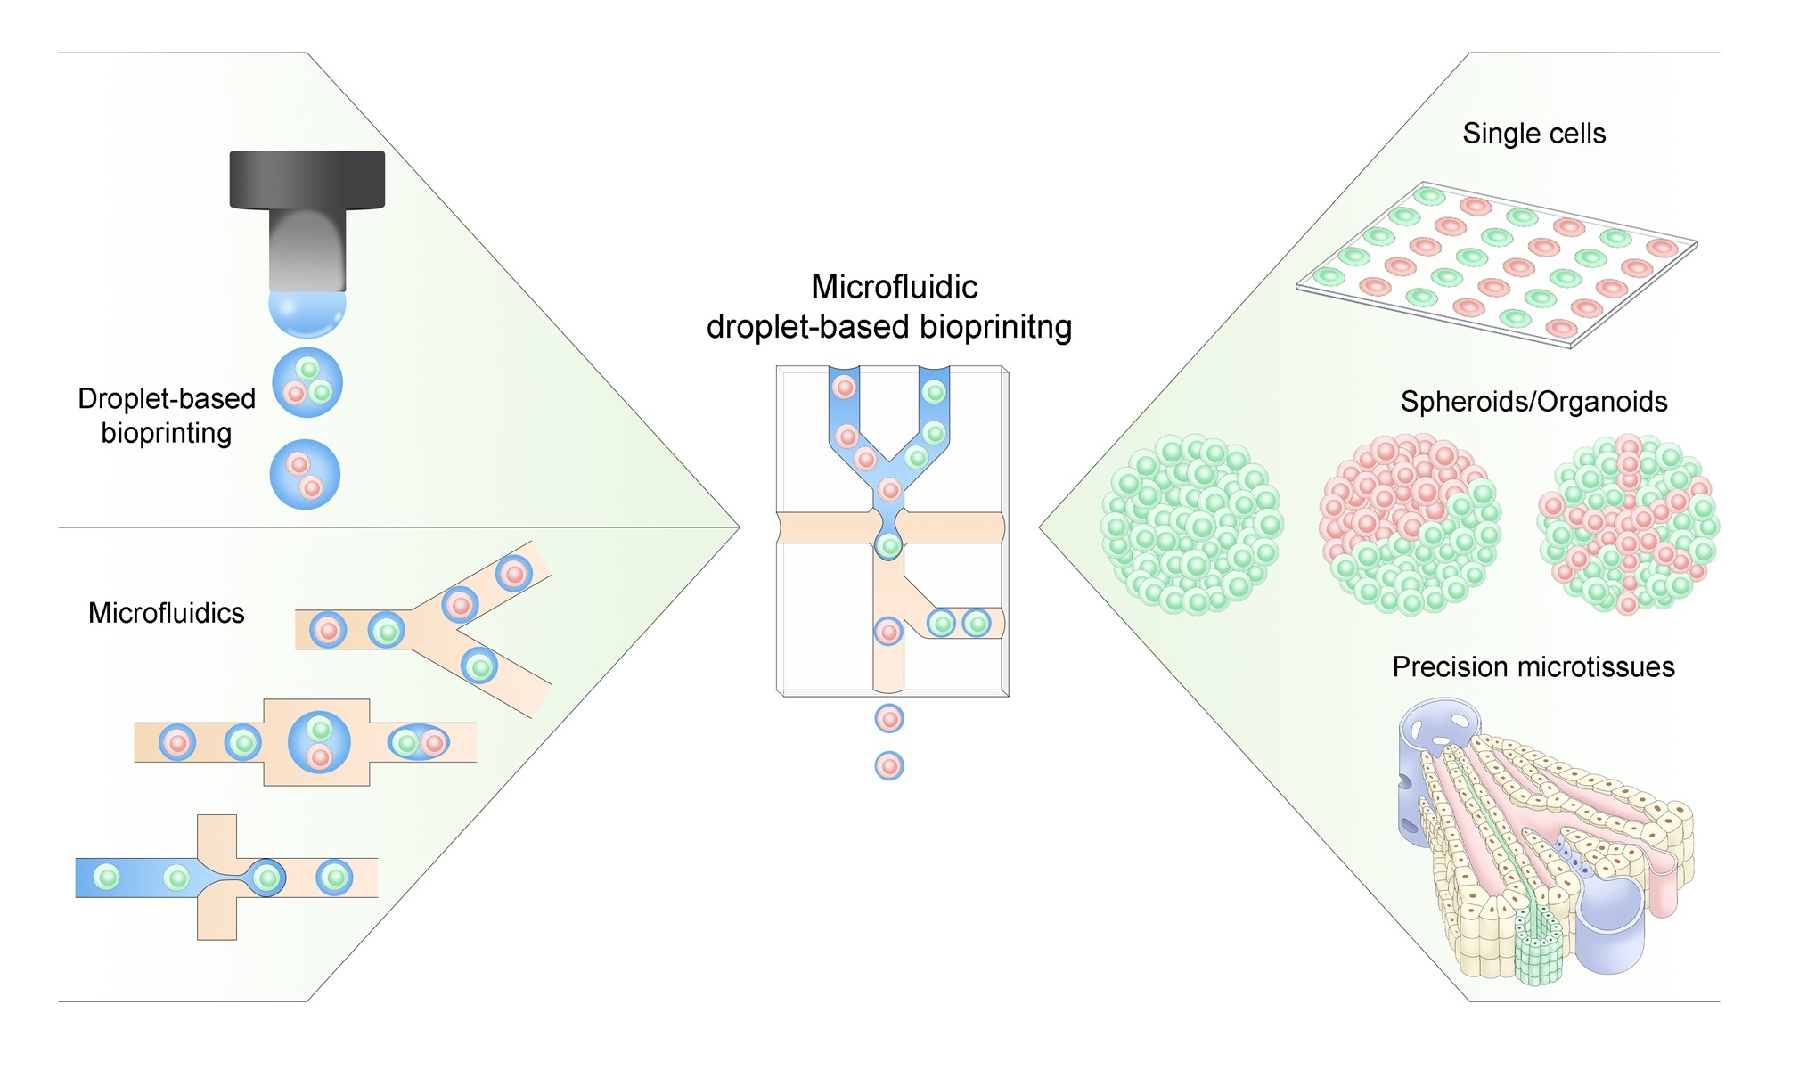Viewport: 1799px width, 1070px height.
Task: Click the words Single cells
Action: point(1533,134)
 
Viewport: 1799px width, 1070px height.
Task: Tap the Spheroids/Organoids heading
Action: point(1533,402)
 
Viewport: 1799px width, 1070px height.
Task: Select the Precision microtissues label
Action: point(1533,667)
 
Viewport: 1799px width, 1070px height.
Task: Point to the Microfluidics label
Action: point(166,613)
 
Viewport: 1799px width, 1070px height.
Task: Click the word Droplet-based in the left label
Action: point(167,398)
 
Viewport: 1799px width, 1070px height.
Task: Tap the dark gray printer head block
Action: point(307,179)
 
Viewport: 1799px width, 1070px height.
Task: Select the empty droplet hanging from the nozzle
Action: point(307,313)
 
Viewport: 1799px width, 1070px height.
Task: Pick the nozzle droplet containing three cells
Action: point(307,383)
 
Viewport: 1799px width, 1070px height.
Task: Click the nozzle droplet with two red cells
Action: point(305,475)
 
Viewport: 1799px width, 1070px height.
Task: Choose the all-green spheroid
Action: point(1191,525)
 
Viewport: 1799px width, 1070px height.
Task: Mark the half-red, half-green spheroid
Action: point(1409,525)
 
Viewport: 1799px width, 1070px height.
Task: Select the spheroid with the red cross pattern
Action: point(1628,525)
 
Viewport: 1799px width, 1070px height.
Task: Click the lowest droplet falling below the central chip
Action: point(889,765)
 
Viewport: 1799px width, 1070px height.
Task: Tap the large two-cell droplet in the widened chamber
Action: point(319,742)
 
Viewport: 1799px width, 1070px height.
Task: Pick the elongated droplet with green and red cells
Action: point(419,742)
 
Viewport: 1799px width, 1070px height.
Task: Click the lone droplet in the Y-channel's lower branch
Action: point(479,666)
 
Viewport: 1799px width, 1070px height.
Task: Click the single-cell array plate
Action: point(1497,265)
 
